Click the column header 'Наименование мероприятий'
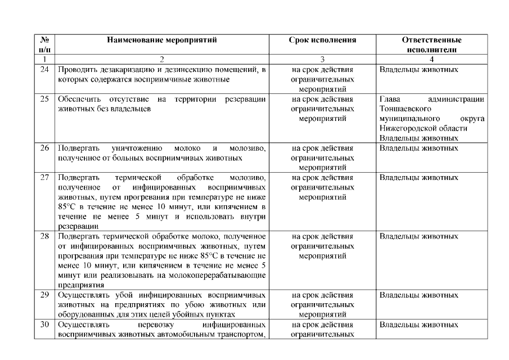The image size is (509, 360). coord(162,40)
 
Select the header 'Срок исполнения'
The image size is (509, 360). coord(323,40)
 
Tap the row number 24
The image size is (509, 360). coord(44,70)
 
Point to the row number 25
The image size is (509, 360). coord(44,100)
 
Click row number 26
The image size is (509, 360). coord(44,148)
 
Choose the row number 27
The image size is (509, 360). coord(44,178)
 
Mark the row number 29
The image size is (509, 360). coord(44,295)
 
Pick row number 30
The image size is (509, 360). coord(44,325)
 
